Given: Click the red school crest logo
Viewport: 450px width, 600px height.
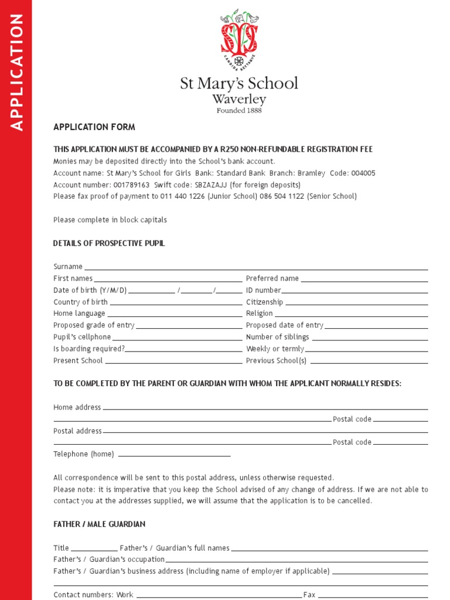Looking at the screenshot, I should (239, 39).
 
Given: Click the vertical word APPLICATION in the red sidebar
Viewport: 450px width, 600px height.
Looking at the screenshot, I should (16, 71).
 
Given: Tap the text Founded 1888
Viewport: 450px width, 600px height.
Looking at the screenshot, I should (239, 110).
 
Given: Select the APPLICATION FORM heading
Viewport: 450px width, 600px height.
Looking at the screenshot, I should (94, 127).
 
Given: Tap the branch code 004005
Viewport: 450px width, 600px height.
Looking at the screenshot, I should (361, 173).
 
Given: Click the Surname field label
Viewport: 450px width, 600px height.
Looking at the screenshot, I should (67, 267).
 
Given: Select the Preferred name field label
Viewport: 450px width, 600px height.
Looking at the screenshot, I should (272, 278).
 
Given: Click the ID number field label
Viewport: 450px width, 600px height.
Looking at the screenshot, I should (263, 290).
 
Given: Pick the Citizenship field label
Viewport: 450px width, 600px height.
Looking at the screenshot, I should (264, 302).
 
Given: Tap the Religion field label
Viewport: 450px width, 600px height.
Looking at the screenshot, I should (259, 313).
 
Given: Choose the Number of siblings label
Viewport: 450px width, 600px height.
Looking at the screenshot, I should (277, 337).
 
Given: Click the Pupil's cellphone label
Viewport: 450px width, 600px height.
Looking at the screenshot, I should (82, 337).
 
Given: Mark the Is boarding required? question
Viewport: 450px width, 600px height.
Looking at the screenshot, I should (89, 349).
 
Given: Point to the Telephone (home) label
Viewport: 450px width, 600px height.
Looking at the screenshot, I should (84, 454).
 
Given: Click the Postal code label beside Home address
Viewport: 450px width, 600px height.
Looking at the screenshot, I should (352, 419).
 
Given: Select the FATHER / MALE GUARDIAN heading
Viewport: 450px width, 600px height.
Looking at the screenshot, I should (99, 524).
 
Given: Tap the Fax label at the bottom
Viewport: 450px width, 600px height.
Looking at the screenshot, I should (309, 595).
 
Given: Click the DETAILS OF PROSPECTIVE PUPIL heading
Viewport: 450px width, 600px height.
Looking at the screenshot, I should (109, 243).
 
